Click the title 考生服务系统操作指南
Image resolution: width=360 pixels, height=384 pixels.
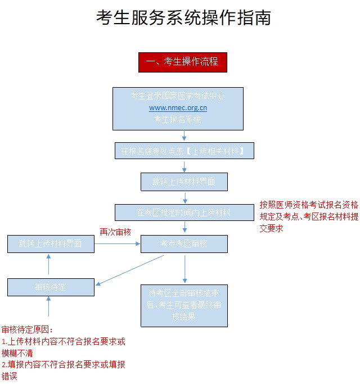coord(183,18)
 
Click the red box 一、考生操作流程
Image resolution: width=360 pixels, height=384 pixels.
coord(182,62)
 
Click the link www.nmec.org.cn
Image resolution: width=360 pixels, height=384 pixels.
coord(178,107)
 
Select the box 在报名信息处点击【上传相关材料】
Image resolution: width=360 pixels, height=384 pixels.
coord(184,151)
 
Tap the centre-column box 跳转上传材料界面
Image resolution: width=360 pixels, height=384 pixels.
coord(184,182)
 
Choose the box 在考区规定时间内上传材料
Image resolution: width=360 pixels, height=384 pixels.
coord(184,213)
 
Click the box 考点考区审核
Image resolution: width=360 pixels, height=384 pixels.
coord(184,243)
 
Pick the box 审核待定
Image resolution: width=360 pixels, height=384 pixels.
coord(51,287)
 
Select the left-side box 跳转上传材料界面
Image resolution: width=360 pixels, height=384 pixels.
coord(51,243)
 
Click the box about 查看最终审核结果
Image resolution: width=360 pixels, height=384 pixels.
coord(184,305)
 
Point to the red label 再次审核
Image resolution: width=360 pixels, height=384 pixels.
coord(115,232)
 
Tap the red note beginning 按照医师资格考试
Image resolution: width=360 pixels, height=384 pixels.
coord(308,217)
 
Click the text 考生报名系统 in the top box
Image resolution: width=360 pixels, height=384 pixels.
coord(178,119)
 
